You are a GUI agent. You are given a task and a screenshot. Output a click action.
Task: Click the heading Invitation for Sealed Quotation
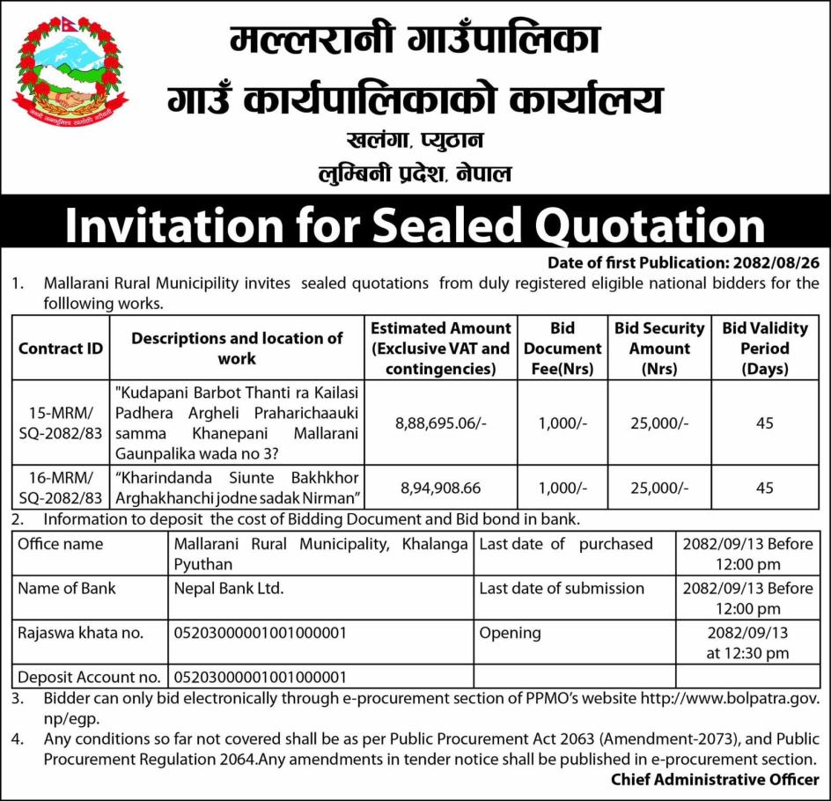point(415,227)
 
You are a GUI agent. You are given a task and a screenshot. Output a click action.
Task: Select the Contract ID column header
point(61,349)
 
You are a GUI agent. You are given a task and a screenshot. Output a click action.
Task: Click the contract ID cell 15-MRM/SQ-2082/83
point(61,423)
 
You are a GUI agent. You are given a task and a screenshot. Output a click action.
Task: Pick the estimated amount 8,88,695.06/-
point(440,423)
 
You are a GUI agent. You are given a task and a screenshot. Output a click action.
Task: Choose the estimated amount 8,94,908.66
point(440,487)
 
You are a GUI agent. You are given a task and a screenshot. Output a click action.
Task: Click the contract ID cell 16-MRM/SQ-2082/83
point(61,487)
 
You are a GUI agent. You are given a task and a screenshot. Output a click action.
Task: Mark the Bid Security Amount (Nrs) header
point(659,349)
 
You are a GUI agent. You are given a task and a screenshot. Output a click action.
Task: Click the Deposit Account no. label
point(88,677)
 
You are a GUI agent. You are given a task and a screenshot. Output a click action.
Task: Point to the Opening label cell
point(510,632)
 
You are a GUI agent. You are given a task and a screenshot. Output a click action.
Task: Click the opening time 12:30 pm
point(747,653)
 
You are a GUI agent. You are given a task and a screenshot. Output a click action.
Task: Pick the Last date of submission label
point(562,588)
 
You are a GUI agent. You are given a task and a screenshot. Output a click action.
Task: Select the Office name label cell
point(60,544)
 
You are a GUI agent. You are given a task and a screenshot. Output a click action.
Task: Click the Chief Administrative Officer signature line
point(715,779)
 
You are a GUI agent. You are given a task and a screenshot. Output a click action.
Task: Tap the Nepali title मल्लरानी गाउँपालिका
point(415,41)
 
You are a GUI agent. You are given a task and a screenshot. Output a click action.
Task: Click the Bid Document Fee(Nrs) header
point(562,349)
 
